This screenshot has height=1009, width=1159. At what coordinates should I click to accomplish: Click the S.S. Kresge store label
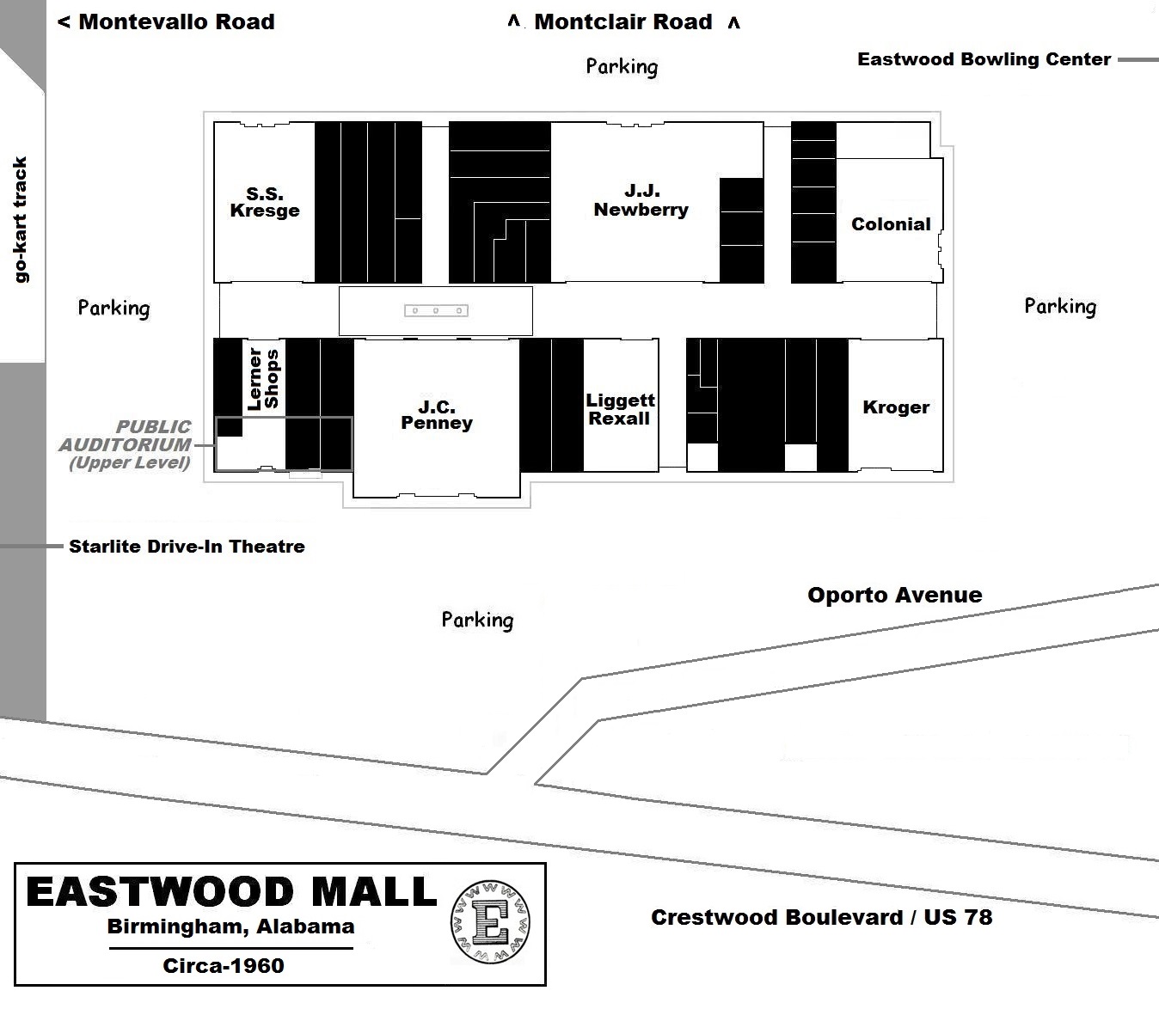265,202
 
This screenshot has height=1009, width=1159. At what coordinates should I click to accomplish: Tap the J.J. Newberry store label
641,200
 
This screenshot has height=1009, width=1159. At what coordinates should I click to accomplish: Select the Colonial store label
891,224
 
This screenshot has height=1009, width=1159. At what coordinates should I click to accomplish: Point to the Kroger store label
896,407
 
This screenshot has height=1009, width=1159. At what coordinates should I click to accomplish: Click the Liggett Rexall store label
620,409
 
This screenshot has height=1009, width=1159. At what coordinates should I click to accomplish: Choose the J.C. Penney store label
437,414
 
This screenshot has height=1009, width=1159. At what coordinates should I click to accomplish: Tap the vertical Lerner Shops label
263,378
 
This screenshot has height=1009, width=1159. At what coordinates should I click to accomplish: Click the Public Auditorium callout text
126,444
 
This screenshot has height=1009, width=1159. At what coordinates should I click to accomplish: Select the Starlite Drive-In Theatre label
187,547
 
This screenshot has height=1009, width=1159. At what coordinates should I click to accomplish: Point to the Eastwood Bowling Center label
984,59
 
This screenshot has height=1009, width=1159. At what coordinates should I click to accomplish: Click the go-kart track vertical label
21,219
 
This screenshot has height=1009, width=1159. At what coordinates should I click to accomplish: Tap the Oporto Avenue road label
894,595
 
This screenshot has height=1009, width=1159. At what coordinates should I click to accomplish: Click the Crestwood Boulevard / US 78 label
821,917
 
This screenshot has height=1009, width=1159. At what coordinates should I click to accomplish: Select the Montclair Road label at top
623,22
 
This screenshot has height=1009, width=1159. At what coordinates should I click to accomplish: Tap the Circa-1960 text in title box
224,965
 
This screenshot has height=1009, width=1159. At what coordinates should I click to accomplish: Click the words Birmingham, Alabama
230,926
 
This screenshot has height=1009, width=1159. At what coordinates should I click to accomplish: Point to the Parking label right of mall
1059,306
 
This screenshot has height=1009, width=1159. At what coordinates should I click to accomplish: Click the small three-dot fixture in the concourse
436,310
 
